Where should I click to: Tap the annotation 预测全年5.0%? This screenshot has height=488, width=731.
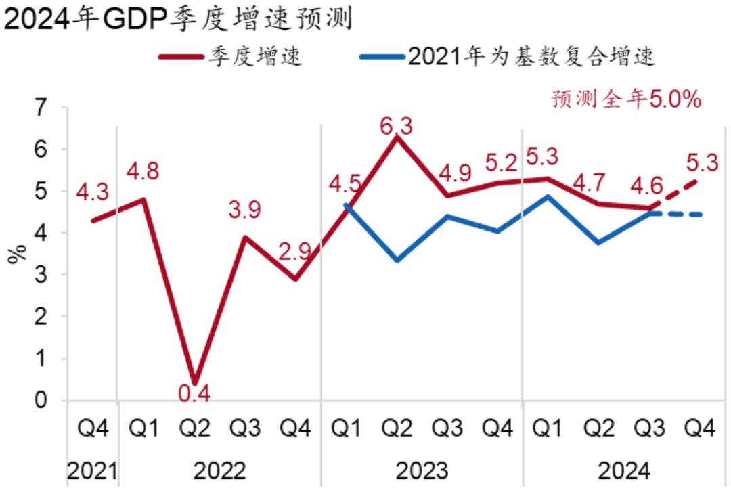click(626, 100)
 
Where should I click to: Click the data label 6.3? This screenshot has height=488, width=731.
click(396, 127)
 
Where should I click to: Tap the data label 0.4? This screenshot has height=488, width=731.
click(195, 393)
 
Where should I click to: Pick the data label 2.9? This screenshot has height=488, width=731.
click(295, 252)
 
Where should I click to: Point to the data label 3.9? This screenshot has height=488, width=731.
click(244, 210)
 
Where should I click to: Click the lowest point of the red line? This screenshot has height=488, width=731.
click(195, 383)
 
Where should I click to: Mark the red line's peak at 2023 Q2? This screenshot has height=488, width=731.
click(397, 137)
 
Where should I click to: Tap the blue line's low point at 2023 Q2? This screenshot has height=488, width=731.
click(397, 261)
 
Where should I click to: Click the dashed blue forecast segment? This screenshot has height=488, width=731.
click(677, 215)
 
